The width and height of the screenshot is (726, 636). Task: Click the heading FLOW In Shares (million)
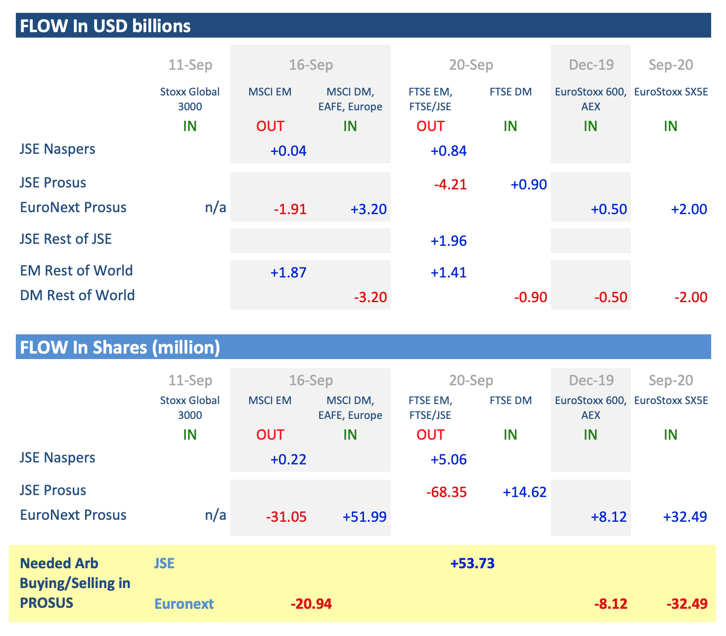coord(119,347)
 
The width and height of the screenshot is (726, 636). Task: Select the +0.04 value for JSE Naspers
coord(288,151)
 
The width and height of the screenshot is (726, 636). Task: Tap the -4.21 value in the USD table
coord(450,185)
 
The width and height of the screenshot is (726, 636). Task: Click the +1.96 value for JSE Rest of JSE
coord(449,241)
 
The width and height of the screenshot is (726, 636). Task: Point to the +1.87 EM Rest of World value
coord(288,273)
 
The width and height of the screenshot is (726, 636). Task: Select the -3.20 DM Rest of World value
coord(370,298)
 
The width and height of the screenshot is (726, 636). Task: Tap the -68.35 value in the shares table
coord(446,493)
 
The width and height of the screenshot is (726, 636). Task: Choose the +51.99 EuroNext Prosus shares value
coord(364,517)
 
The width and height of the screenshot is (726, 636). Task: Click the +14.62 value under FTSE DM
coord(525,493)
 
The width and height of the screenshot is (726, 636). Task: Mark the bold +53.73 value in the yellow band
coord(472,564)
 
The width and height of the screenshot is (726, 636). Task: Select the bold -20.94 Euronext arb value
coord(311,604)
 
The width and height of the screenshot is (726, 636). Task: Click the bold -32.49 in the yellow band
coord(687,604)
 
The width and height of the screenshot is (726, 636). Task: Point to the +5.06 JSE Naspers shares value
coord(449,460)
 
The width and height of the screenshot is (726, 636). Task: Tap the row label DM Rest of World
coord(78,295)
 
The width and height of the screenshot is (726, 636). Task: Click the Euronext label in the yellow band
coord(184,604)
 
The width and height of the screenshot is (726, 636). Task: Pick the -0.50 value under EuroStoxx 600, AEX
coord(611,298)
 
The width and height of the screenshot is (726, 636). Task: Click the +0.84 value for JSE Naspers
coord(449,151)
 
